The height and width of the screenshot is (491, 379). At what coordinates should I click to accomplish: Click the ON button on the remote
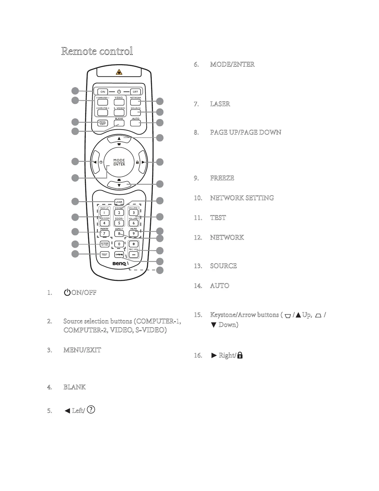point(103,92)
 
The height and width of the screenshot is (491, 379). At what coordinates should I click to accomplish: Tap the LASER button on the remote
point(119,202)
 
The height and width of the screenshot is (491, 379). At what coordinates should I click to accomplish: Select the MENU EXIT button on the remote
point(103,123)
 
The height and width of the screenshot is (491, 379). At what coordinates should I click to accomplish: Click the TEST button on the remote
point(104,254)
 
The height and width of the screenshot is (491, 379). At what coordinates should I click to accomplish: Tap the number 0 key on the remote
point(119,244)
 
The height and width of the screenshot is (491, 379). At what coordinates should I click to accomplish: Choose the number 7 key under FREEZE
point(104,234)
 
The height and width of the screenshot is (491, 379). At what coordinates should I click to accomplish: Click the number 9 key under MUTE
point(133,234)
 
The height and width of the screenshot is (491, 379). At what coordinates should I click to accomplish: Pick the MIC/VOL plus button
point(133,244)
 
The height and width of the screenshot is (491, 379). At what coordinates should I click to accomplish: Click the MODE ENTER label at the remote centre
point(119,162)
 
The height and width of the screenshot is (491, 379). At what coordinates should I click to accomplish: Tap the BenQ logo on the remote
point(119,264)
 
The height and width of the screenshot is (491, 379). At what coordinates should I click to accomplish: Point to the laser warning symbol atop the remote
point(119,73)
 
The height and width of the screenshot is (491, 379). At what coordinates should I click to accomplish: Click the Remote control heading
point(97,51)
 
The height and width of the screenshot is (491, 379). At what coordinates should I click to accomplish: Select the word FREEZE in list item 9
point(222,178)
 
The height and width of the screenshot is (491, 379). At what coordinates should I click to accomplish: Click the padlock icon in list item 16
point(239,355)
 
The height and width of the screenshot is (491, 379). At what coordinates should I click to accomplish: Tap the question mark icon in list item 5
point(91,409)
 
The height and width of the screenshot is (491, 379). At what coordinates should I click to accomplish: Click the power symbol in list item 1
point(67,292)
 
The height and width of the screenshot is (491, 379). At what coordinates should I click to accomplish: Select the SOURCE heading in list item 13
point(223,266)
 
